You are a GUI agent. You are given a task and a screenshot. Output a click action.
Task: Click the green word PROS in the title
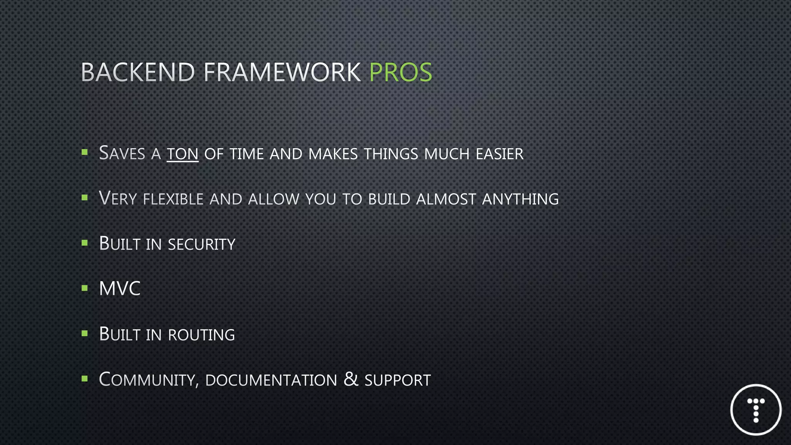(x=401, y=72)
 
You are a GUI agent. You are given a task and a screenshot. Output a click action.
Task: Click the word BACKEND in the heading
(x=138, y=72)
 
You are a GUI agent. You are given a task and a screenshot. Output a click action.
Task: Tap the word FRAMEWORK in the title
(x=282, y=72)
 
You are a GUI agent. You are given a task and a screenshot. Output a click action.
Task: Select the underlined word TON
(x=182, y=154)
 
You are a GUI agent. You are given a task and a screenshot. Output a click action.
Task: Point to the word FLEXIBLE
(x=173, y=199)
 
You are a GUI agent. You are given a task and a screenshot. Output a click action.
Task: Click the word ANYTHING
(x=520, y=199)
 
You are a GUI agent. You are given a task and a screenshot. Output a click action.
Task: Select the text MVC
(x=120, y=289)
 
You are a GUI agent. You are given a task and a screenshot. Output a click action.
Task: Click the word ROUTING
(x=201, y=335)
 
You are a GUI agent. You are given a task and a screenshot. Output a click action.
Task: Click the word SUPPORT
(x=397, y=380)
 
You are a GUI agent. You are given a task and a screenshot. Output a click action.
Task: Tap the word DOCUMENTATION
(x=271, y=380)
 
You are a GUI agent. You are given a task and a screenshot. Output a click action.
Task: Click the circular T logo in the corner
(x=756, y=410)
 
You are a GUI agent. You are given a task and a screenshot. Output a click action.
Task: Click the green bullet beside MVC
(x=85, y=288)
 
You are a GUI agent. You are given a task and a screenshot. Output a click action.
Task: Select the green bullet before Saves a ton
(x=85, y=152)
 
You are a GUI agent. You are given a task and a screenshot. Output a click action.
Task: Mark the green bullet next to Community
(x=85, y=379)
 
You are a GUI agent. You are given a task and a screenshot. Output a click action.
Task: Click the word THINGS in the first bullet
(x=391, y=154)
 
